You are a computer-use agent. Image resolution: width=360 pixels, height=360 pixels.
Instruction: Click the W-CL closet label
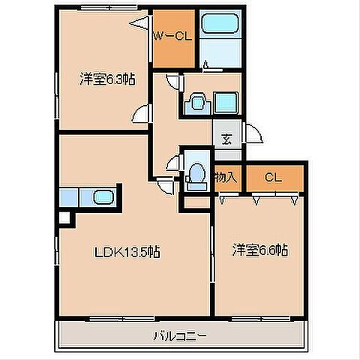point(172,37)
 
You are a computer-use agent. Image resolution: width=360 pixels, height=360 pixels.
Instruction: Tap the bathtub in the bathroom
point(220,23)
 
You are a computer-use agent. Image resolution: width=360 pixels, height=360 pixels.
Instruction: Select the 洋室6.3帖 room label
point(107,79)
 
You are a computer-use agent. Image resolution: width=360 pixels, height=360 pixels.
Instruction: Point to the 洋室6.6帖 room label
point(260,250)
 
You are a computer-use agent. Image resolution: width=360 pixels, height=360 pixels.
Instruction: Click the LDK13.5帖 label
point(127,252)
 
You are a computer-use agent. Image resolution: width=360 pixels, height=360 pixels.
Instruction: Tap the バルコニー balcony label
point(180,336)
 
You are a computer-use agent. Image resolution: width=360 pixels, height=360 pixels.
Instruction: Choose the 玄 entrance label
point(226,139)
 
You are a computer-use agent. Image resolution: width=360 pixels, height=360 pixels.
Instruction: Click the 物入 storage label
point(226,177)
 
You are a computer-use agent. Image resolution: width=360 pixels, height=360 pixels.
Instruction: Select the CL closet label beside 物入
point(273,178)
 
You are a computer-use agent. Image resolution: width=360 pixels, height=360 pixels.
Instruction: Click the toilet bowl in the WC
point(197,173)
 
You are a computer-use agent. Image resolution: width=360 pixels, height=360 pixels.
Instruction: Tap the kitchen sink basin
point(103,197)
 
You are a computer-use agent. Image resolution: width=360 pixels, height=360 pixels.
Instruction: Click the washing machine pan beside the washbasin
point(226,103)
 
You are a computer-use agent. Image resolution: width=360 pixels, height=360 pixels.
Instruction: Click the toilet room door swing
point(173,163)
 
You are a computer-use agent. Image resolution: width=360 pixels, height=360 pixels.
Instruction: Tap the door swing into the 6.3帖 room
point(141,114)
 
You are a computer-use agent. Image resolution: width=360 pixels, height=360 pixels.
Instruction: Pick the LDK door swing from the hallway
point(166,187)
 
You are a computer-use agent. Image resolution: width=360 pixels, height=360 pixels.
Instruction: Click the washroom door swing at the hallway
point(173,81)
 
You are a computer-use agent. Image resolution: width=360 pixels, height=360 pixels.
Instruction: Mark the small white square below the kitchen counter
point(64,218)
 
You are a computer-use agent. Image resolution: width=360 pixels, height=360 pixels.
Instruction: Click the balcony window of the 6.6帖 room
point(260,319)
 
